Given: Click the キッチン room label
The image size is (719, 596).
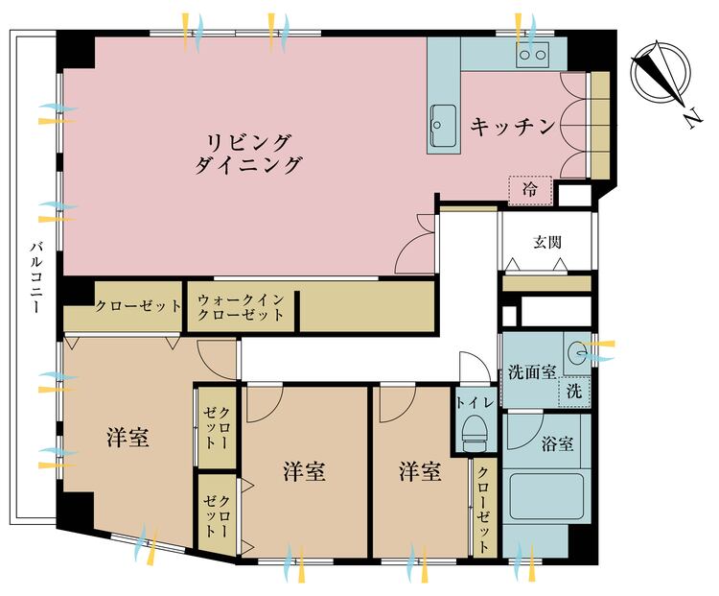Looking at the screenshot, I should point(513,126).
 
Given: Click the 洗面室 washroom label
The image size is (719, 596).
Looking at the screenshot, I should point(531,371).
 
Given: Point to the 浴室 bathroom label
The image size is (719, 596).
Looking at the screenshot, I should point(558,444).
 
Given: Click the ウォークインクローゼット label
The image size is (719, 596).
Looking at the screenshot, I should point(241,307).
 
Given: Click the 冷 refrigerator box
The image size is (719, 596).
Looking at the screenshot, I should point(530,190).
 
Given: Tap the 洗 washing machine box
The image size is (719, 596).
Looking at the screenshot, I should point(572,391).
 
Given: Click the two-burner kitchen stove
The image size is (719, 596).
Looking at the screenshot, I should point(532,56).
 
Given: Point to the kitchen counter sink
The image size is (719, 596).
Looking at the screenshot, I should point(443,123).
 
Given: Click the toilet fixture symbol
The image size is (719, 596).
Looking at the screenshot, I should point(475,436).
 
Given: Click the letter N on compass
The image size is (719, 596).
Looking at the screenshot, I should point(690,118).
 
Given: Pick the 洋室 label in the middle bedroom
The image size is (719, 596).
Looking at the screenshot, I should point(304,472).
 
